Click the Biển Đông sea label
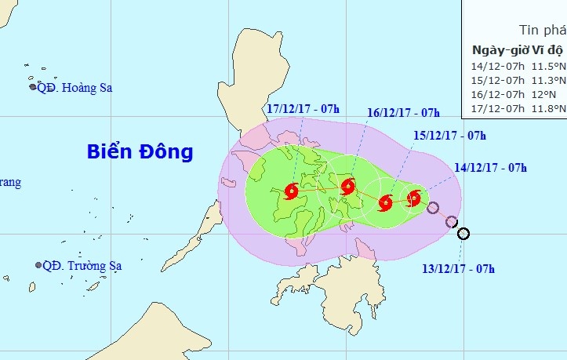[x=140, y=151]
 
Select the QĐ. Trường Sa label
[x=82, y=266]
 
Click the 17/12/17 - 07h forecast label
[x=302, y=109]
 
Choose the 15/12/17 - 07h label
[x=449, y=136]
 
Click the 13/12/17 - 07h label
[x=458, y=269]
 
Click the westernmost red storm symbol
[x=292, y=191]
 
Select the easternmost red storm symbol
[x=414, y=197]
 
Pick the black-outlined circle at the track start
[x=463, y=233]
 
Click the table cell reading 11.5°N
[x=547, y=66]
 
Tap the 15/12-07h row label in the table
[x=496, y=80]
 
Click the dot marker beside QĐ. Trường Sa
[x=38, y=266]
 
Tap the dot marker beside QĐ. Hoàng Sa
[x=32, y=87]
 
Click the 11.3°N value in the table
[x=547, y=80]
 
